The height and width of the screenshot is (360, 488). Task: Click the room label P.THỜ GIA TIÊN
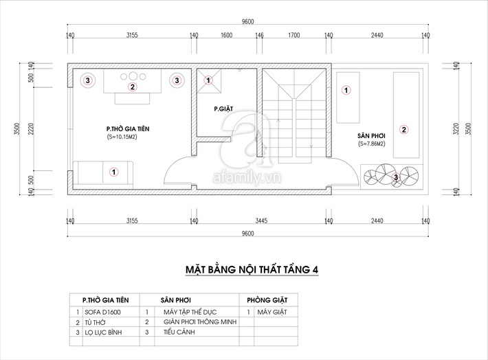pyautogui.click(x=128, y=128)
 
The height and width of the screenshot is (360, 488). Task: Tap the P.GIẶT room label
pyautogui.click(x=224, y=109)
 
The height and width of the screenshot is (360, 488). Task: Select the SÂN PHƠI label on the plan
pyautogui.click(x=370, y=135)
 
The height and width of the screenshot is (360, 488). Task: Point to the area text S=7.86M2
pyautogui.click(x=371, y=144)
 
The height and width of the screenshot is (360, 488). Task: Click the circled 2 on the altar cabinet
pyautogui.click(x=133, y=87)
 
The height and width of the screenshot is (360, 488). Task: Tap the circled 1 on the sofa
pyautogui.click(x=115, y=171)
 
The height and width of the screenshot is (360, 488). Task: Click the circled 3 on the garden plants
pyautogui.click(x=395, y=177)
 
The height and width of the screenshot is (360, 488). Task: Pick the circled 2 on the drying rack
pyautogui.click(x=404, y=128)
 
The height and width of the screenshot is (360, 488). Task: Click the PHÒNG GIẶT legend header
pyautogui.click(x=267, y=300)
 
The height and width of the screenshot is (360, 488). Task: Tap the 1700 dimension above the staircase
pyautogui.click(x=294, y=35)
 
